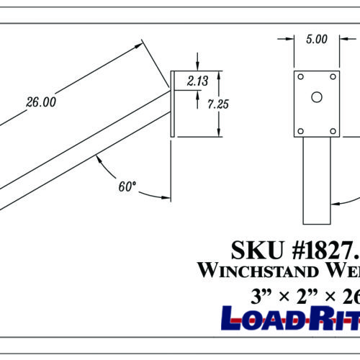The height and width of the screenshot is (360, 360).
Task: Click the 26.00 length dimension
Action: coord(41,102)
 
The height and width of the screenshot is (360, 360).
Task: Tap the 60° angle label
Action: coord(127,186)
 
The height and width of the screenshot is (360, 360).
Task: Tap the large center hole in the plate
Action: coord(316,97)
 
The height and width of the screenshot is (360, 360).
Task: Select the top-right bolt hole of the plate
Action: coord(332,76)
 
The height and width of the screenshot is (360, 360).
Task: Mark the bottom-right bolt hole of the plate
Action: coord(332,130)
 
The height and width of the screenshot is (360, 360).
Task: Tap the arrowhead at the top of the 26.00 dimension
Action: coord(140,47)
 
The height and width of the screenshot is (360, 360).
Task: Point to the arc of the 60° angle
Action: coord(108,167)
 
